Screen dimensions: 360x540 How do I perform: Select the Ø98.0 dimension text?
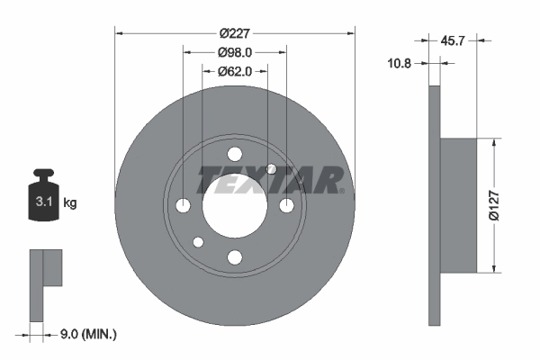click(235, 53)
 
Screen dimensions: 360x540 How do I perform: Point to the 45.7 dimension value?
click(454, 40)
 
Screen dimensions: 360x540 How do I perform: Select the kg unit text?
click(70, 203)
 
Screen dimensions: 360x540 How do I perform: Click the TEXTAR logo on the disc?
click(270, 180)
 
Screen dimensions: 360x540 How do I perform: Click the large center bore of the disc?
click(235, 206)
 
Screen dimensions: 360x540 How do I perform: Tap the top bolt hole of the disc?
click(235, 154)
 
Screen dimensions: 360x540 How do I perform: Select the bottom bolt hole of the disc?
click(235, 258)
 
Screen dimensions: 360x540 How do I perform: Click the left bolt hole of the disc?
click(183, 206)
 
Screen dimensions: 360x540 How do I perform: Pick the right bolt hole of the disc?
click(287, 206)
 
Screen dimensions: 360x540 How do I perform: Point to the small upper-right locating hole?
click(272, 169)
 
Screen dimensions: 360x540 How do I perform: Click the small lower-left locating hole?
click(198, 242)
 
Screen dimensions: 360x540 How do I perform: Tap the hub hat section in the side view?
click(458, 205)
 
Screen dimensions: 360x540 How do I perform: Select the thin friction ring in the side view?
click(434, 205)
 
